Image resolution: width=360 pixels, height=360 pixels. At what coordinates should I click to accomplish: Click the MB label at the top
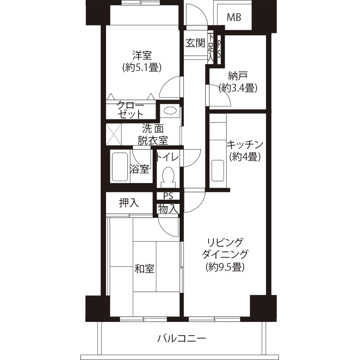234,17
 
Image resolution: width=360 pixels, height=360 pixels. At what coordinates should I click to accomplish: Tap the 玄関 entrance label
195,43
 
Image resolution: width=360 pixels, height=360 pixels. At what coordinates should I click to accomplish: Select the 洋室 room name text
142,56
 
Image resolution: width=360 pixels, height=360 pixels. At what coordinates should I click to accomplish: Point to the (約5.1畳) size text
142,68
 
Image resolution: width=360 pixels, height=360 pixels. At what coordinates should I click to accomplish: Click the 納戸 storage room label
238,76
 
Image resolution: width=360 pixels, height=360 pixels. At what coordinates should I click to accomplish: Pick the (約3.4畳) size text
238,88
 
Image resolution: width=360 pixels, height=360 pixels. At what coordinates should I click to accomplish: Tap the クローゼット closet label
130,110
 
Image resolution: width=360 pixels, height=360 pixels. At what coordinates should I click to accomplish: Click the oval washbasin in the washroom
169,111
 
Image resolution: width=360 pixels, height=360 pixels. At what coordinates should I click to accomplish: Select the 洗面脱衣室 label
153,135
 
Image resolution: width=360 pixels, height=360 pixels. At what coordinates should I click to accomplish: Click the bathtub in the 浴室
120,166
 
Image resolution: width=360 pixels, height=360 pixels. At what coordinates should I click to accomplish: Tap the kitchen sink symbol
218,171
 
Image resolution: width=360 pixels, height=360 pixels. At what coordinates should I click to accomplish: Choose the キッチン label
245,145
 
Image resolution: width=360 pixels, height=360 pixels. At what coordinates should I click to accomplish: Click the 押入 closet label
129,203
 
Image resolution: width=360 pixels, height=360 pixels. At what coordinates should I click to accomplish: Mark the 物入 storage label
168,209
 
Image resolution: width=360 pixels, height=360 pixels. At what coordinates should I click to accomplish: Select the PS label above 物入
168,196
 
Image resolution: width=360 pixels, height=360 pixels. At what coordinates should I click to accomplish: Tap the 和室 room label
144,269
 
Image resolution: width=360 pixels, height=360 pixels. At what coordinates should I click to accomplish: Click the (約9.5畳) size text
225,267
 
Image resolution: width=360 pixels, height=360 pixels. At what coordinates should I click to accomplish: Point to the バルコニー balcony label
181,338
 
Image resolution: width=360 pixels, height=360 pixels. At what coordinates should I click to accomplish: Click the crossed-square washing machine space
114,134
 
